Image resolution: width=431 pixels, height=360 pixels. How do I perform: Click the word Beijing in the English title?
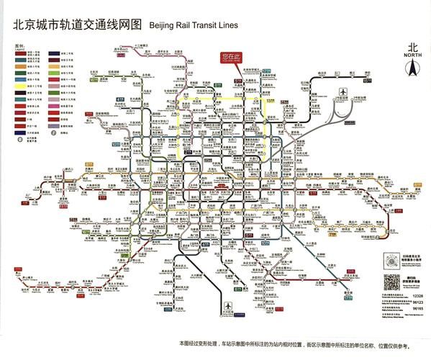click(165, 24)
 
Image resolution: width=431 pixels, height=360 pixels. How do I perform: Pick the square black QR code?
click(391, 283)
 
